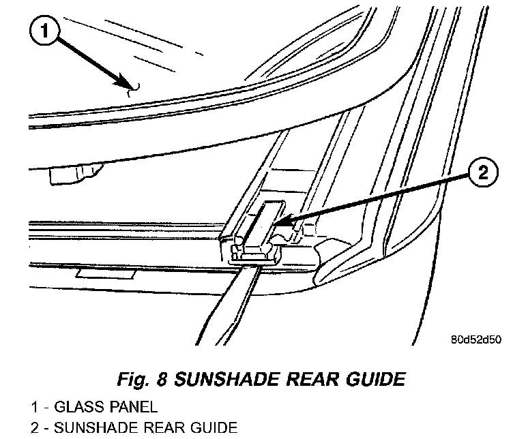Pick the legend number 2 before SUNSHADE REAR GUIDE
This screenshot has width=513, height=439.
(x=34, y=427)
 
